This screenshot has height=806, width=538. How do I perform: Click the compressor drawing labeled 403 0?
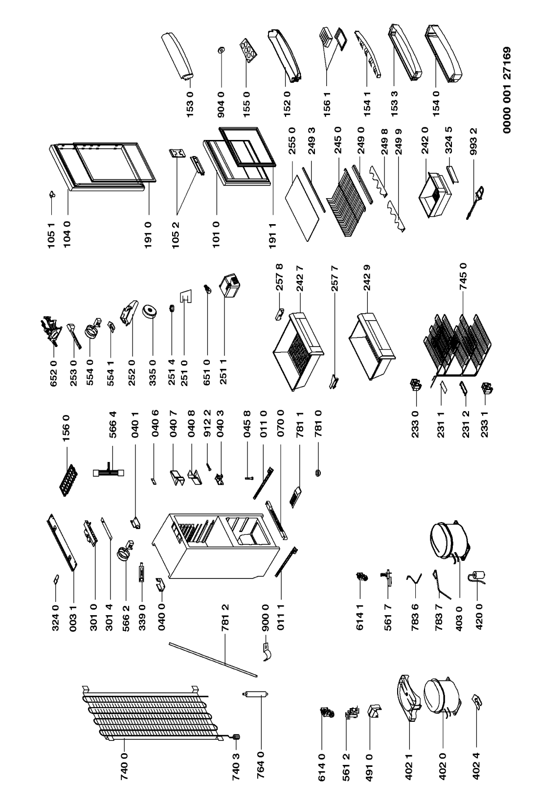[448, 539]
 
